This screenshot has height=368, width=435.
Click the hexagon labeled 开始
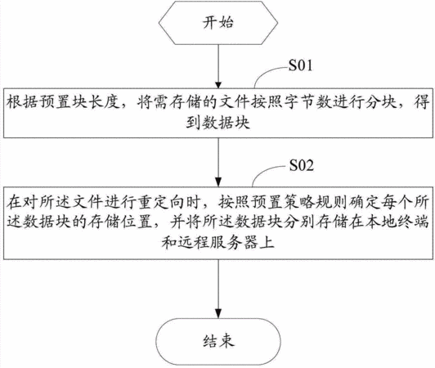218,23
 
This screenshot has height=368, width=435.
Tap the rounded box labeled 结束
218,341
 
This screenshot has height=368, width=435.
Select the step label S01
300,65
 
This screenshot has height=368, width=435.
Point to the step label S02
302,165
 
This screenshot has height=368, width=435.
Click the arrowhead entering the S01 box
218,85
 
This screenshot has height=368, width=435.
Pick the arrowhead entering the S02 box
218,183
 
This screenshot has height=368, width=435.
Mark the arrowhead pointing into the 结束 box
218,313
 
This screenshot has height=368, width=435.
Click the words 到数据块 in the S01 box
218,123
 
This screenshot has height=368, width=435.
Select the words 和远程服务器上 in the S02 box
218,242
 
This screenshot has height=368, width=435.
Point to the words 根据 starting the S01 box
22,103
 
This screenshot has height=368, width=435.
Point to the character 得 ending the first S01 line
422,103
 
